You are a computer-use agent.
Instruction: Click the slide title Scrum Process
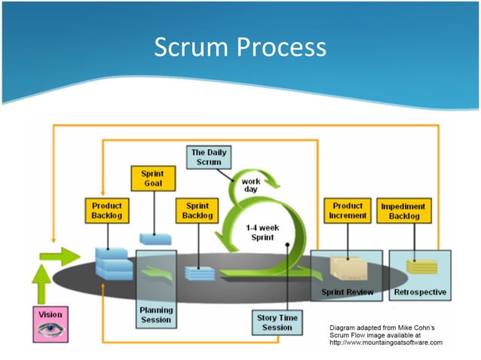(x=240, y=47)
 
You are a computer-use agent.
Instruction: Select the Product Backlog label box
(x=106, y=211)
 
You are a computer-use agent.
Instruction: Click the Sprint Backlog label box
(x=198, y=211)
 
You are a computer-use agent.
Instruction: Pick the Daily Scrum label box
(x=207, y=157)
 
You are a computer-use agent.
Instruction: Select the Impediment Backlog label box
(x=403, y=211)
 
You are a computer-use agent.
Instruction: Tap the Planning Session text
(x=156, y=314)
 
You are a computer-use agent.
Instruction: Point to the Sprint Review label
(x=347, y=292)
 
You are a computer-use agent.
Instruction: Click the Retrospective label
(x=420, y=292)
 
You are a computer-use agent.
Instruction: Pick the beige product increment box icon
(x=348, y=268)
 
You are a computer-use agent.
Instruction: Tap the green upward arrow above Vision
(x=43, y=285)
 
